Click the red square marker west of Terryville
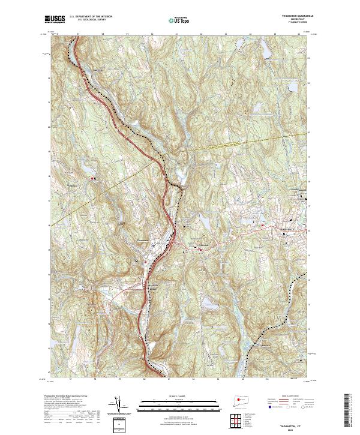(262, 225)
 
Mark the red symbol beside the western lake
(92, 178)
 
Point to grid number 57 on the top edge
(79, 34)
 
